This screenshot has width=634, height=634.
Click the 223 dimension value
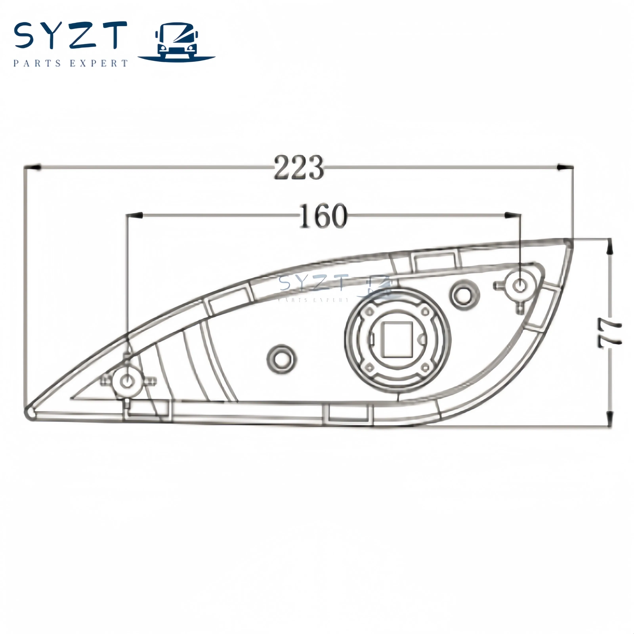pyautogui.click(x=298, y=168)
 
